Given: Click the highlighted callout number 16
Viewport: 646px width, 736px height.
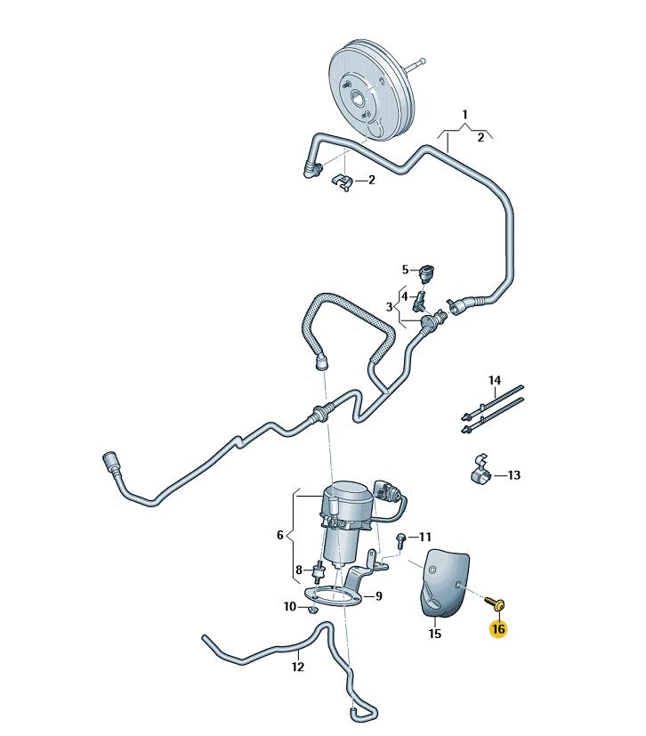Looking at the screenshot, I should (x=497, y=629).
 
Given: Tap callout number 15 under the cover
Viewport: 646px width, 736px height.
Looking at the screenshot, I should (x=434, y=635).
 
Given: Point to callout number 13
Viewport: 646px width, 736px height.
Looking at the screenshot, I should (x=514, y=475).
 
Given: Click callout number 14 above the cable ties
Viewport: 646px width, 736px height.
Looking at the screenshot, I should (x=495, y=380).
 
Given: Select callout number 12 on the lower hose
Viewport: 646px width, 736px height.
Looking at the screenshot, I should (x=297, y=665).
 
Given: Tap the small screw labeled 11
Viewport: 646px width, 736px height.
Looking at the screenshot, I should (x=401, y=539).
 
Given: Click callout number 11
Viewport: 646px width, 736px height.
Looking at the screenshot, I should (x=424, y=537).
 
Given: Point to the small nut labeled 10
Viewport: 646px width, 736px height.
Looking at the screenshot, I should (x=312, y=611).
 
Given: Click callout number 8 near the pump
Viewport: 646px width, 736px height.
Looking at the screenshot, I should (x=298, y=569).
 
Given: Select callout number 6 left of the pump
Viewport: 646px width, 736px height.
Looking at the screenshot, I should (x=279, y=535).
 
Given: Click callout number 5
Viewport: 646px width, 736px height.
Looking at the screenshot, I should (x=405, y=270).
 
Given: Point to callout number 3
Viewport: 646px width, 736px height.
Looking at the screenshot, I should (x=389, y=307).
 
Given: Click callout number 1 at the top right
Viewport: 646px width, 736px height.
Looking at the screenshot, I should (x=464, y=115).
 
